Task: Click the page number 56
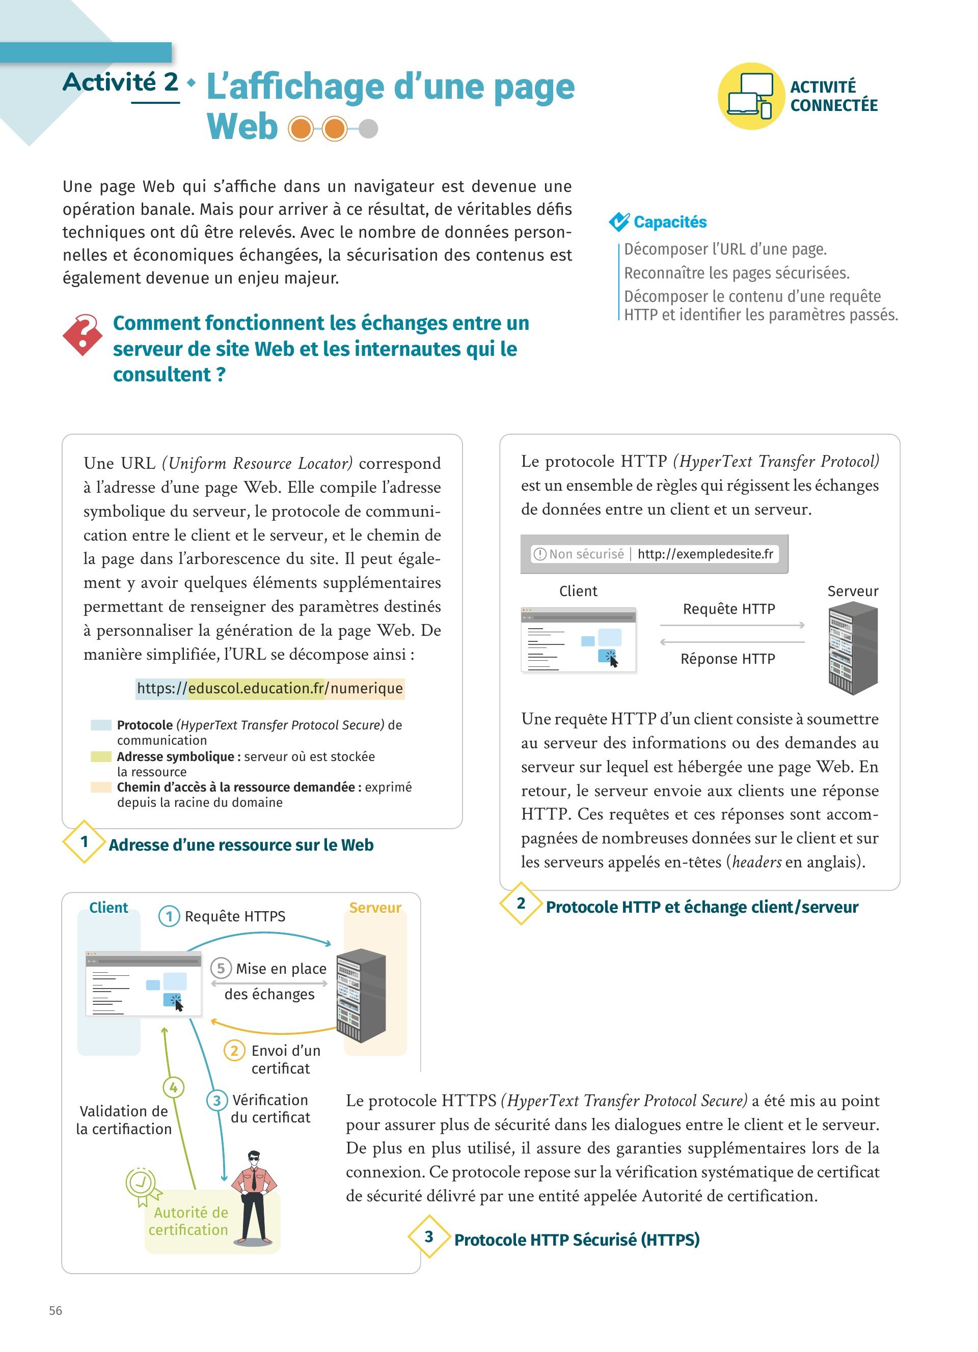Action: (56, 1310)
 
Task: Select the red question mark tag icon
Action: (83, 334)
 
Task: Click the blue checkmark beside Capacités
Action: (619, 222)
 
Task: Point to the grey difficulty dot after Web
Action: (369, 129)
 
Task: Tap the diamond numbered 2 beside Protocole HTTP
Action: (521, 903)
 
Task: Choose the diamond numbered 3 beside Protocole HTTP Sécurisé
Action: (429, 1236)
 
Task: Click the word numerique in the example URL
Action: (367, 689)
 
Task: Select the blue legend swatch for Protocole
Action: (101, 725)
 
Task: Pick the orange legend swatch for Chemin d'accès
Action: (101, 787)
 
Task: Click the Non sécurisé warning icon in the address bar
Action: (540, 554)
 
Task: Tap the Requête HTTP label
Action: (729, 609)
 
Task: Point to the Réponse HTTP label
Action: (727, 659)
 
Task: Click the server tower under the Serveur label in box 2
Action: (853, 648)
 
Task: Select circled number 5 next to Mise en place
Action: (221, 968)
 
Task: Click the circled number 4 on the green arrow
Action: (173, 1087)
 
